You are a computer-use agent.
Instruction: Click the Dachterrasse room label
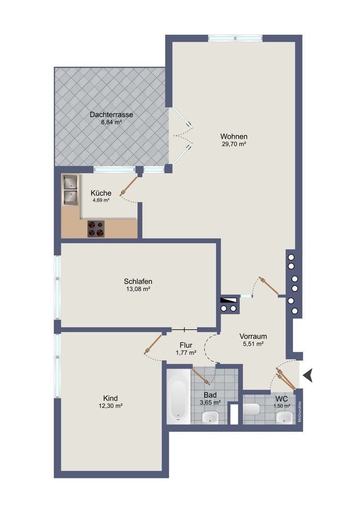tap(111, 114)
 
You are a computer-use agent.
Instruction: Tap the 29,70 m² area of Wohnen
tap(234, 144)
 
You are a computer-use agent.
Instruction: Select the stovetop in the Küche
tap(96, 229)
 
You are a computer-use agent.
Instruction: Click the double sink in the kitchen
tap(71, 190)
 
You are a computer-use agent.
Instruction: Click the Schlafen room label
tap(138, 281)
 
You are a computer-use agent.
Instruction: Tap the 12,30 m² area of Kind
tap(110, 406)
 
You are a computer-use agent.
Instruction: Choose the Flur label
tap(186, 345)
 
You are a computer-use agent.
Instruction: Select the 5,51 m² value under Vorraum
tap(253, 344)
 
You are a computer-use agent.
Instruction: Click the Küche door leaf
tap(129, 186)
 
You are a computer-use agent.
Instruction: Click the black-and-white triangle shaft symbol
tap(228, 300)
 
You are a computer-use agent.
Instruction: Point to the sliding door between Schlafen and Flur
tap(184, 329)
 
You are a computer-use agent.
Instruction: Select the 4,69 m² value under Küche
tap(101, 200)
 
